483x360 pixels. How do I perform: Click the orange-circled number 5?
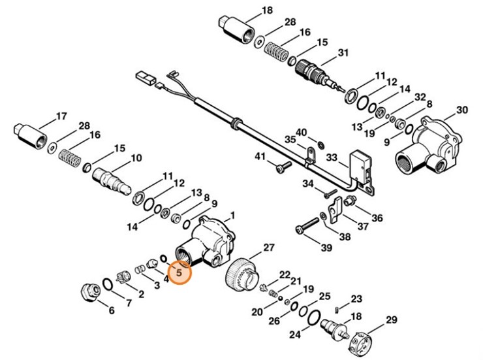(x=179, y=269)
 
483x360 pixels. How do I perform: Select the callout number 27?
(x=269, y=247)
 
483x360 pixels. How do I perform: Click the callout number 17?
(x=61, y=117)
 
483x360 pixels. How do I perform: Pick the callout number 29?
(x=392, y=319)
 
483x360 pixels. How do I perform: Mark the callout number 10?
(x=136, y=158)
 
